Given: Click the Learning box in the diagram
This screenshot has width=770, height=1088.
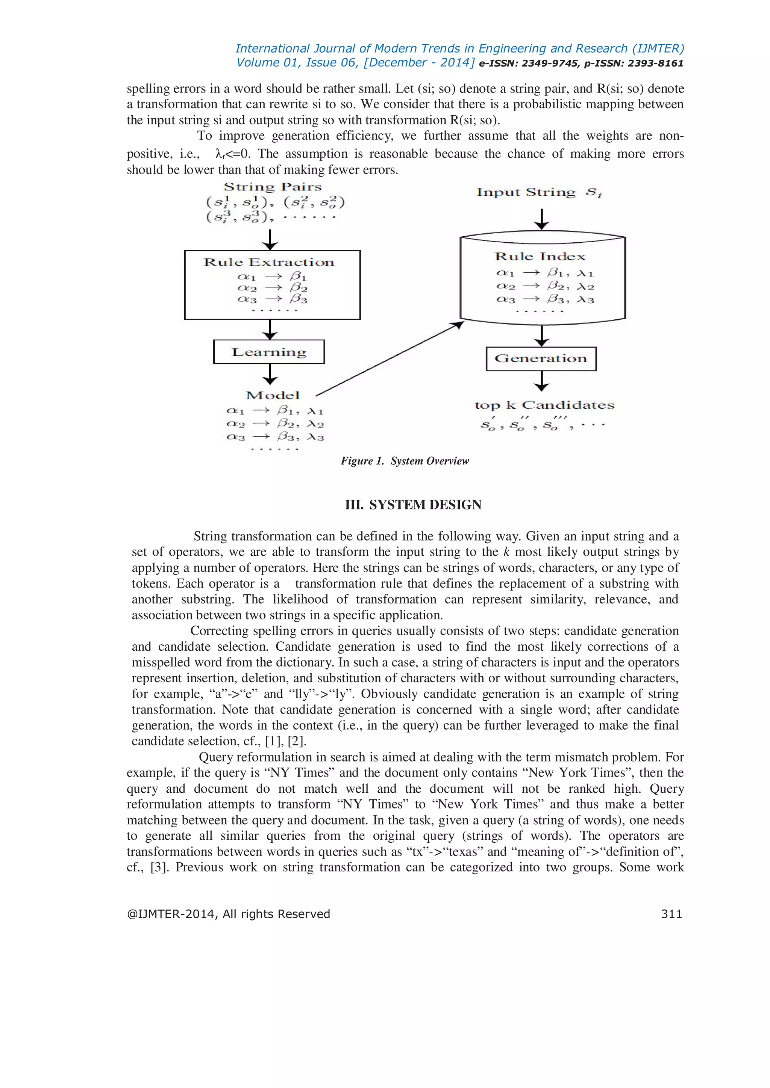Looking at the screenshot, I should coord(269,352).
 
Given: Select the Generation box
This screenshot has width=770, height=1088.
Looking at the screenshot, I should coord(541,359).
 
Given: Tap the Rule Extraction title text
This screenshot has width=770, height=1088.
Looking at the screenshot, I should coord(269,263).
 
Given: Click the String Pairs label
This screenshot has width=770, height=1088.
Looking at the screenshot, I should coord(273,187).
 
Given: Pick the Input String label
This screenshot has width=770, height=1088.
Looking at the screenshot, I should coord(526,192).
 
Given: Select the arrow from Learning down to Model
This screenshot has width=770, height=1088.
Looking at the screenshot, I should coord(270,374).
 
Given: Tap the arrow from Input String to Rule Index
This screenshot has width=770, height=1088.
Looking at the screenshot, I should coord(541,219).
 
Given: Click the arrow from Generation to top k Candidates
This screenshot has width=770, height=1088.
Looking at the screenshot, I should coord(541,381).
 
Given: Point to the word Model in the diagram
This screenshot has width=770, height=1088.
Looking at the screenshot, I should coord(273,396).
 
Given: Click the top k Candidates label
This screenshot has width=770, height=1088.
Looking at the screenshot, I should coord(544,405).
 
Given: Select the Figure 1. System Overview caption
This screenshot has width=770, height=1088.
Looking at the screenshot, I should coord(405,461).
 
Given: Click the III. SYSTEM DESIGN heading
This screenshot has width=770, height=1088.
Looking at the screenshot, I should coord(413,505).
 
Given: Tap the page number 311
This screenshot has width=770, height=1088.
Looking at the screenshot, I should coord(671,914).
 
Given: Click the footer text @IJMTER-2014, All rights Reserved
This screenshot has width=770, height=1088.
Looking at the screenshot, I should coord(228,914).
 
